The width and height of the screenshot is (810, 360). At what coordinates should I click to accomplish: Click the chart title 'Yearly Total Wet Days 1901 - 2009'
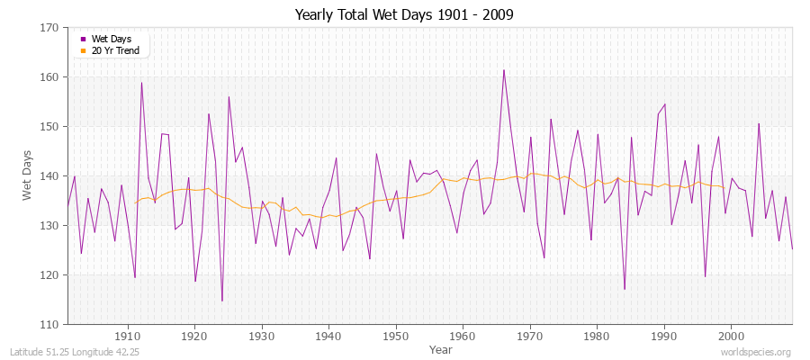[x=404, y=15]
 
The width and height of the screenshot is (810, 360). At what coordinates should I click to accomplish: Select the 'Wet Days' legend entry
[x=111, y=39]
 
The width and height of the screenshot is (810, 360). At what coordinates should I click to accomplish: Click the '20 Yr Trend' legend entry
[x=115, y=49]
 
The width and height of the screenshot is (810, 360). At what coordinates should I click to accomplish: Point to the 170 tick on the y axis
[x=51, y=28]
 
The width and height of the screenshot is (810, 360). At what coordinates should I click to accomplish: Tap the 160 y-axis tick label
[x=51, y=77]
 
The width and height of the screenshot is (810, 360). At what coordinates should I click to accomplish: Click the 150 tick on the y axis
[x=51, y=127]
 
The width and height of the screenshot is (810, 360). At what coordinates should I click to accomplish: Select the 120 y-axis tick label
[x=51, y=275]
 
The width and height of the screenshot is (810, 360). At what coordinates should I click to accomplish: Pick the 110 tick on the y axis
[x=51, y=324]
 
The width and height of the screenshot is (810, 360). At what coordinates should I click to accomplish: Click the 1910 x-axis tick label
[x=127, y=336]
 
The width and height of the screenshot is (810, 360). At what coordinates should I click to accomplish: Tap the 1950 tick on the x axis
[x=395, y=336]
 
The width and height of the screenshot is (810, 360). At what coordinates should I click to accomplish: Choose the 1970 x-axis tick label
[x=529, y=336]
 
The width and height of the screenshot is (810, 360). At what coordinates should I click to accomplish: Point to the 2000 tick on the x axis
[x=730, y=336]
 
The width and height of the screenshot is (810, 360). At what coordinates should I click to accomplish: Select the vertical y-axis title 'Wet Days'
[x=28, y=176]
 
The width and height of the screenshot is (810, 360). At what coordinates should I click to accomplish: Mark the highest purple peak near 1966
[x=504, y=70]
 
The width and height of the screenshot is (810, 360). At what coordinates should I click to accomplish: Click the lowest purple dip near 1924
[x=222, y=301]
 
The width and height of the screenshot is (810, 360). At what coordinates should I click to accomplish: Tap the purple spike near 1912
[x=141, y=83]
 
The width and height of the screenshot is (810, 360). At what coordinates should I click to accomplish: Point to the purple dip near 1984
[x=625, y=289]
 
